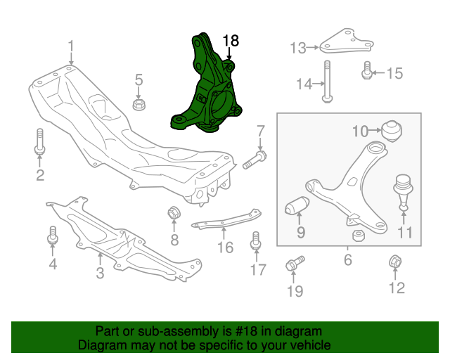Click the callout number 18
pos(231,41)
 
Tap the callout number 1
pos(71,46)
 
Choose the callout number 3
pos(100,272)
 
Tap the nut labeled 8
pos(174,212)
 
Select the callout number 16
pos(224,247)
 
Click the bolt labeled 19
pos(293,265)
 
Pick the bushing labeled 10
pos(390,130)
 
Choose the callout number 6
pos(347,260)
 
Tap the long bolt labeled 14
pos(326,82)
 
